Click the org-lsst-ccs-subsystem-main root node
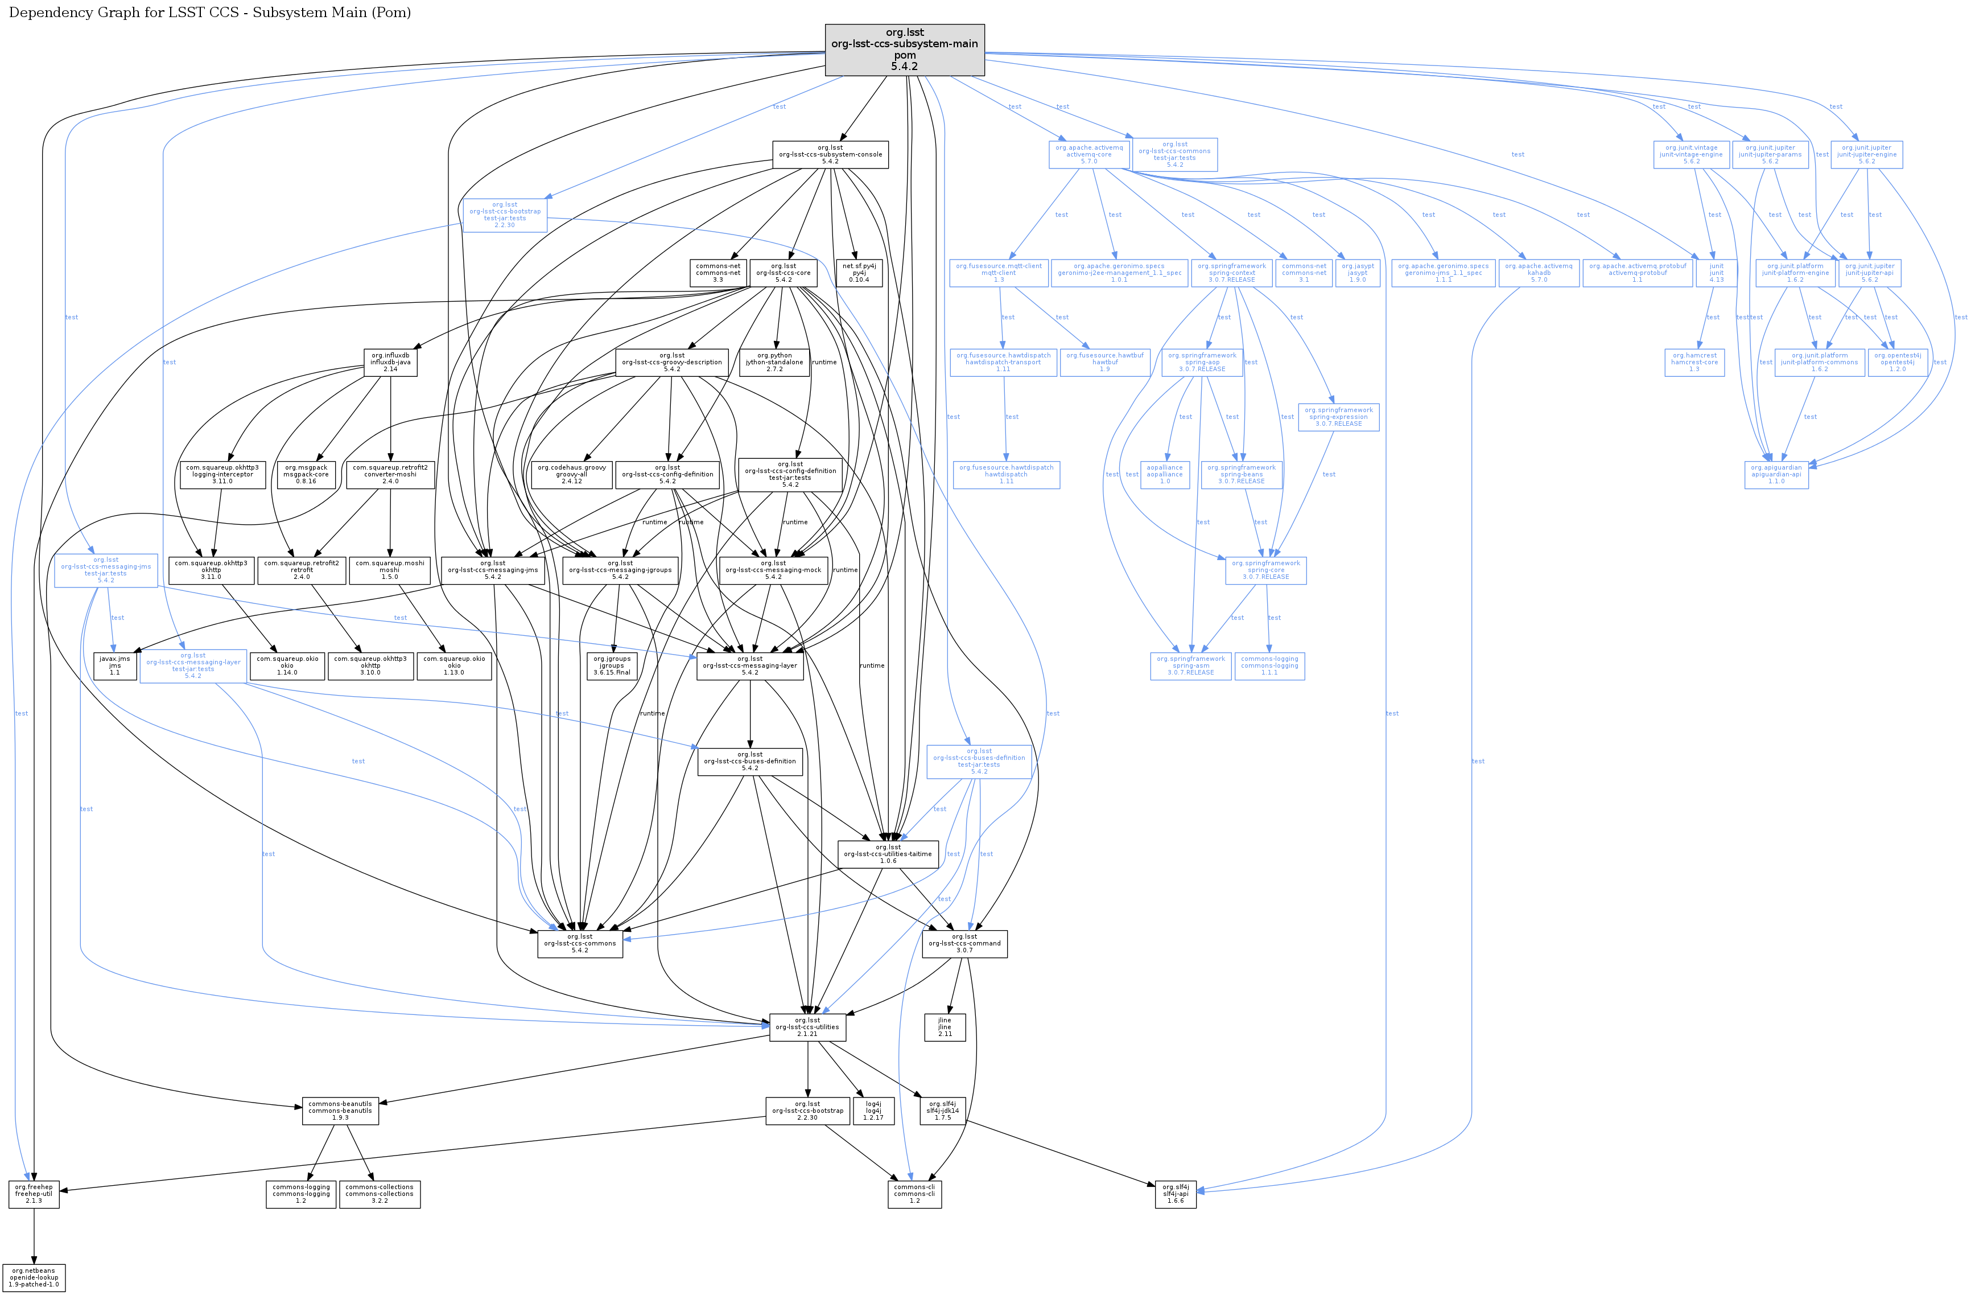[904, 50]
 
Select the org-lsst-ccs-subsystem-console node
[830, 155]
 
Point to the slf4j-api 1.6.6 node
[1175, 1194]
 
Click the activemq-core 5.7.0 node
[1090, 155]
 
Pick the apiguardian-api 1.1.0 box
[1776, 475]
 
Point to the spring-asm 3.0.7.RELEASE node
[1191, 666]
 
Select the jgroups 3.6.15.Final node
[612, 666]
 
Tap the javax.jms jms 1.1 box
[115, 666]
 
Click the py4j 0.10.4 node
[859, 273]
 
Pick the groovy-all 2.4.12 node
[571, 475]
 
